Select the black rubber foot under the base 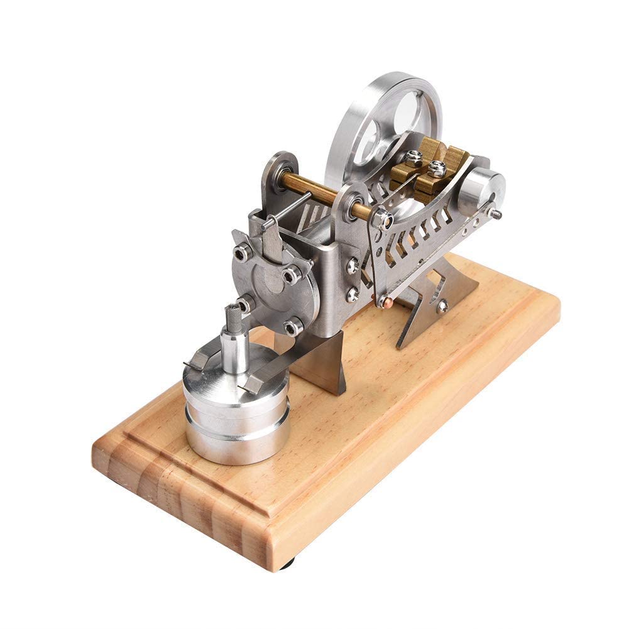[287, 564]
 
